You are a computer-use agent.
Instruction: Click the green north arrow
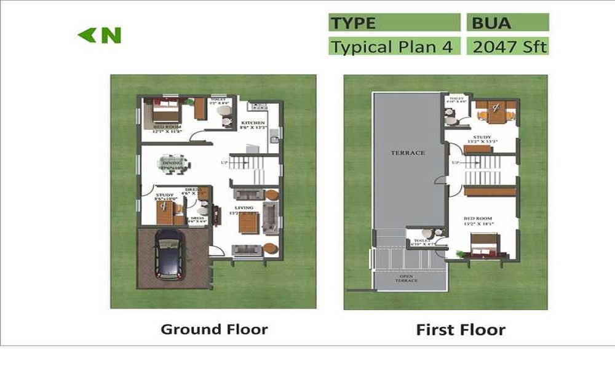[x=86, y=36]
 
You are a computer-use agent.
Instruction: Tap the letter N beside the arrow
[x=111, y=36]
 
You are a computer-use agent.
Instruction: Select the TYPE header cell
[x=394, y=23]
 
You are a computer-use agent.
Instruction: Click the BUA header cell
[x=507, y=23]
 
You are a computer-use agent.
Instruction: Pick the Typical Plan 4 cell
[x=394, y=47]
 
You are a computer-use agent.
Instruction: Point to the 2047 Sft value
[x=507, y=47]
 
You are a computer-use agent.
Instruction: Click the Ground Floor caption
[x=214, y=329]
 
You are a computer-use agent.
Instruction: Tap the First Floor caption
[x=461, y=330]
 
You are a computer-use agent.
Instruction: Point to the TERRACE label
[x=407, y=153]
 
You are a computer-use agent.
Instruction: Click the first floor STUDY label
[x=481, y=138]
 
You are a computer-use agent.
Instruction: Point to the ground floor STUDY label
[x=164, y=195]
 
